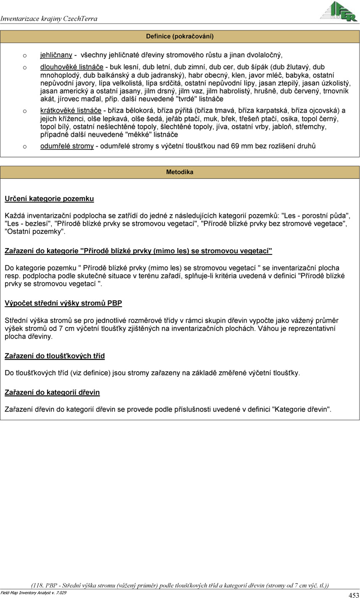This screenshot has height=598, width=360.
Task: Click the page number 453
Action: coord(354,595)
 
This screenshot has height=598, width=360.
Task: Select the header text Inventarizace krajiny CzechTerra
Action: coord(49,18)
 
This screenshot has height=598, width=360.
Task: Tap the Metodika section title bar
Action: coord(180,172)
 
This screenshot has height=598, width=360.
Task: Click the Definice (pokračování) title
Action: coord(180,37)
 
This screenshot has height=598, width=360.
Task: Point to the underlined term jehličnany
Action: coord(56,55)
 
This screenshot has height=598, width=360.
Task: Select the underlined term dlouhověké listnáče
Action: coord(72,67)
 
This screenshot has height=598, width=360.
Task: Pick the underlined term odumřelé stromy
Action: coord(67,146)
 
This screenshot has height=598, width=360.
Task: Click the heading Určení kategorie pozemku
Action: coord(49,199)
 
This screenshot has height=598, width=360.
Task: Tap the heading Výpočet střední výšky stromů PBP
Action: coord(63,303)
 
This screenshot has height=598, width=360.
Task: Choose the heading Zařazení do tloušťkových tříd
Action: coord(55,356)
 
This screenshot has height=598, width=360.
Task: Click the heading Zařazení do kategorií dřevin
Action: coord(52,393)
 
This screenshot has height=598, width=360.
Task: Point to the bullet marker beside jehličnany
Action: coord(25,55)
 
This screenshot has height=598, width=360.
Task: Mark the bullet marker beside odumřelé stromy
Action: coord(25,147)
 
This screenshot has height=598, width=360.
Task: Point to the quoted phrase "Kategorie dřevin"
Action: coord(301,409)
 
